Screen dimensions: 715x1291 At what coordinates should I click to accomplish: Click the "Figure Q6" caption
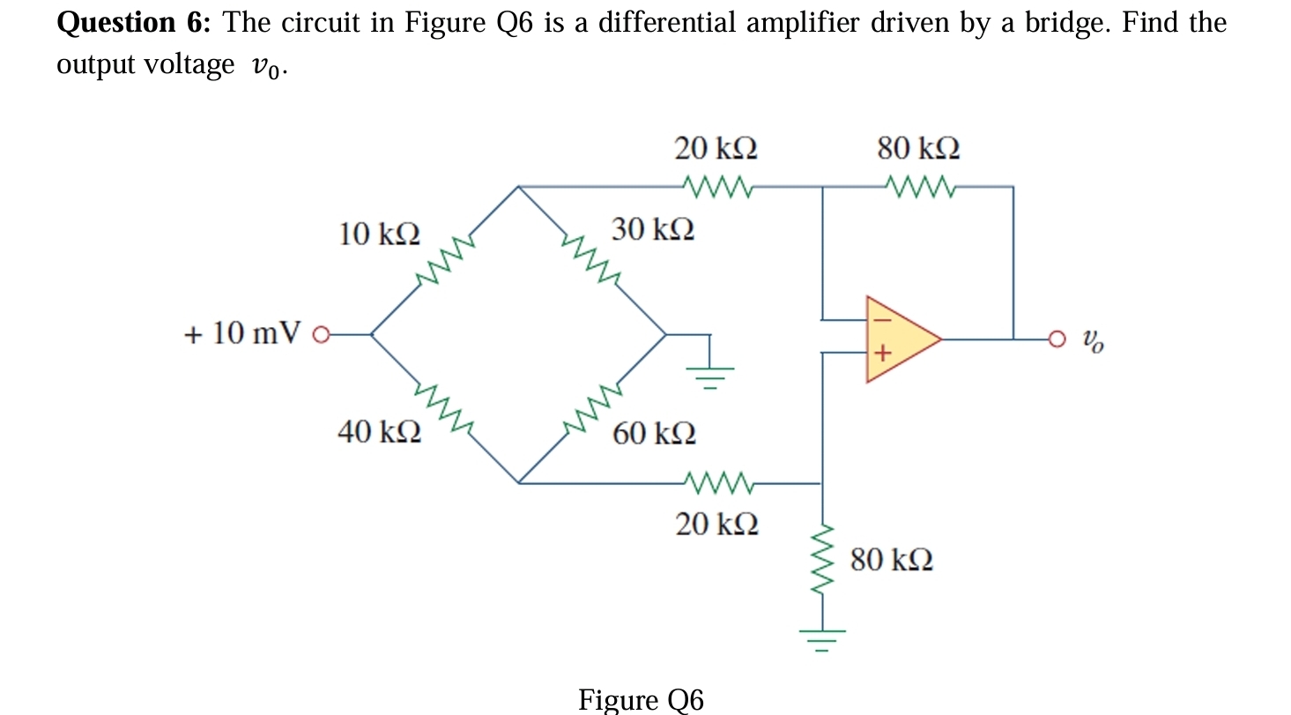[x=641, y=699]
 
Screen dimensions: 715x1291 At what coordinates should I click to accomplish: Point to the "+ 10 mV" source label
[x=242, y=334]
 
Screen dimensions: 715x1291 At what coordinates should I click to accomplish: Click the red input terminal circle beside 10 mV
[x=322, y=335]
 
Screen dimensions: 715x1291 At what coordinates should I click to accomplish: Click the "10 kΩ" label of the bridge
[x=379, y=235]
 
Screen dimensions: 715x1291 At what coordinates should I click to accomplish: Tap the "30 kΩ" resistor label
[x=653, y=230]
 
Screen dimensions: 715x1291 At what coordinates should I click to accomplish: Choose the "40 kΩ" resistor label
[x=379, y=432]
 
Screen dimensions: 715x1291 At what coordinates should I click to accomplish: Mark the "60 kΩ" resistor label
[x=654, y=433]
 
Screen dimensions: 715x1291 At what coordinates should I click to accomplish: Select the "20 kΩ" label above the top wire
[x=716, y=148]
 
